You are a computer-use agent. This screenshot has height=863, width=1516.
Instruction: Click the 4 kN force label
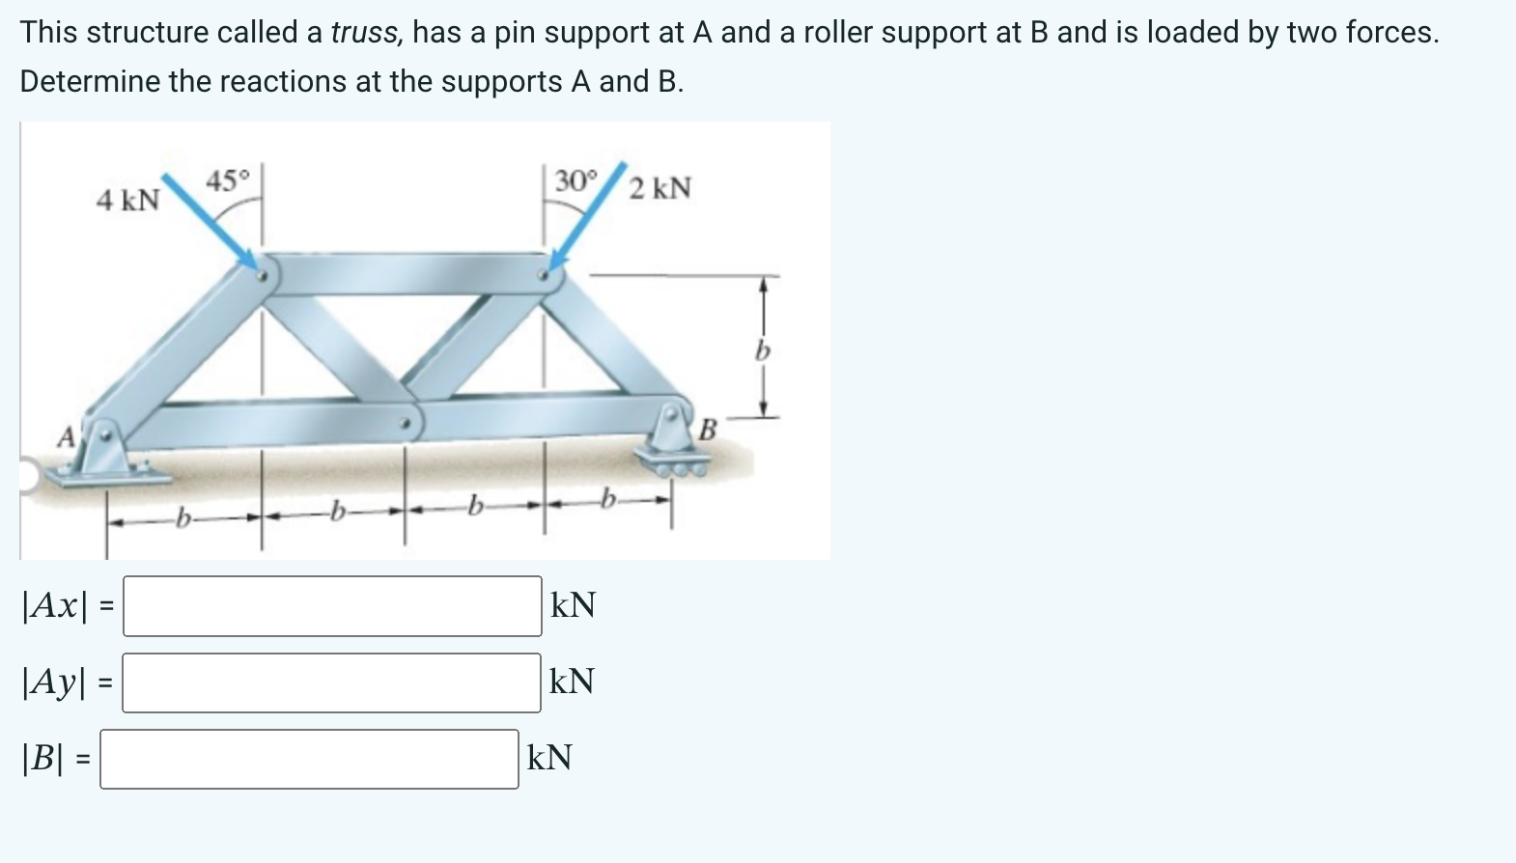point(127,200)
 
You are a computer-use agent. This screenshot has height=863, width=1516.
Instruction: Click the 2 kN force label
point(660,187)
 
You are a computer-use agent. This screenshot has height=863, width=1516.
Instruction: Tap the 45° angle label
point(228,181)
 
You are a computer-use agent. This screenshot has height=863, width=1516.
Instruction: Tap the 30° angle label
point(576,181)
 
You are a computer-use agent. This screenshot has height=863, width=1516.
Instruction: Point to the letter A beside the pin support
point(65,437)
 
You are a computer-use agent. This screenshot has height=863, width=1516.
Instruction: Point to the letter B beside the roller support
point(707,429)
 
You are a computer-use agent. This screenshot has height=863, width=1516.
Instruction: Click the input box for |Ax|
point(332,606)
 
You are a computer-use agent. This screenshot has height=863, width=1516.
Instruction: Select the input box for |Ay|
point(331,682)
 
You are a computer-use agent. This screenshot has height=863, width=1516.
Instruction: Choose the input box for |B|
point(309,759)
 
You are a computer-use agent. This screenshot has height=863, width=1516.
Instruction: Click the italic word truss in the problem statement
point(365,33)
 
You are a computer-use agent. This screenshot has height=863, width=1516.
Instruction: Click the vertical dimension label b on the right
point(762,351)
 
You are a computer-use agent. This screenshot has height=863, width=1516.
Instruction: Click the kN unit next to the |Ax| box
point(573,606)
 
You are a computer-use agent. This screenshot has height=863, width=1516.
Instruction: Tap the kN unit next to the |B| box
point(549,759)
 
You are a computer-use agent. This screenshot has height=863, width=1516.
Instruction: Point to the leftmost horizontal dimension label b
point(182,520)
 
